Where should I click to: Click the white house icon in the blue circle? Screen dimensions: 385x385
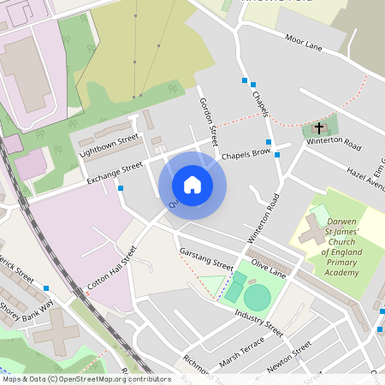pos(192,185)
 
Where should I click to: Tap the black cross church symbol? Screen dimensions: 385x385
pos(319,127)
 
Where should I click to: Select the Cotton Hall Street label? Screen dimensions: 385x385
pos(112,268)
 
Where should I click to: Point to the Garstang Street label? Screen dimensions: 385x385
pos(206,259)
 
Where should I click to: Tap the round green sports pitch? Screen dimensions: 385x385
pos(257,298)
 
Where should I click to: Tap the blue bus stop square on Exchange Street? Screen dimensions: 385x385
pos(121,188)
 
